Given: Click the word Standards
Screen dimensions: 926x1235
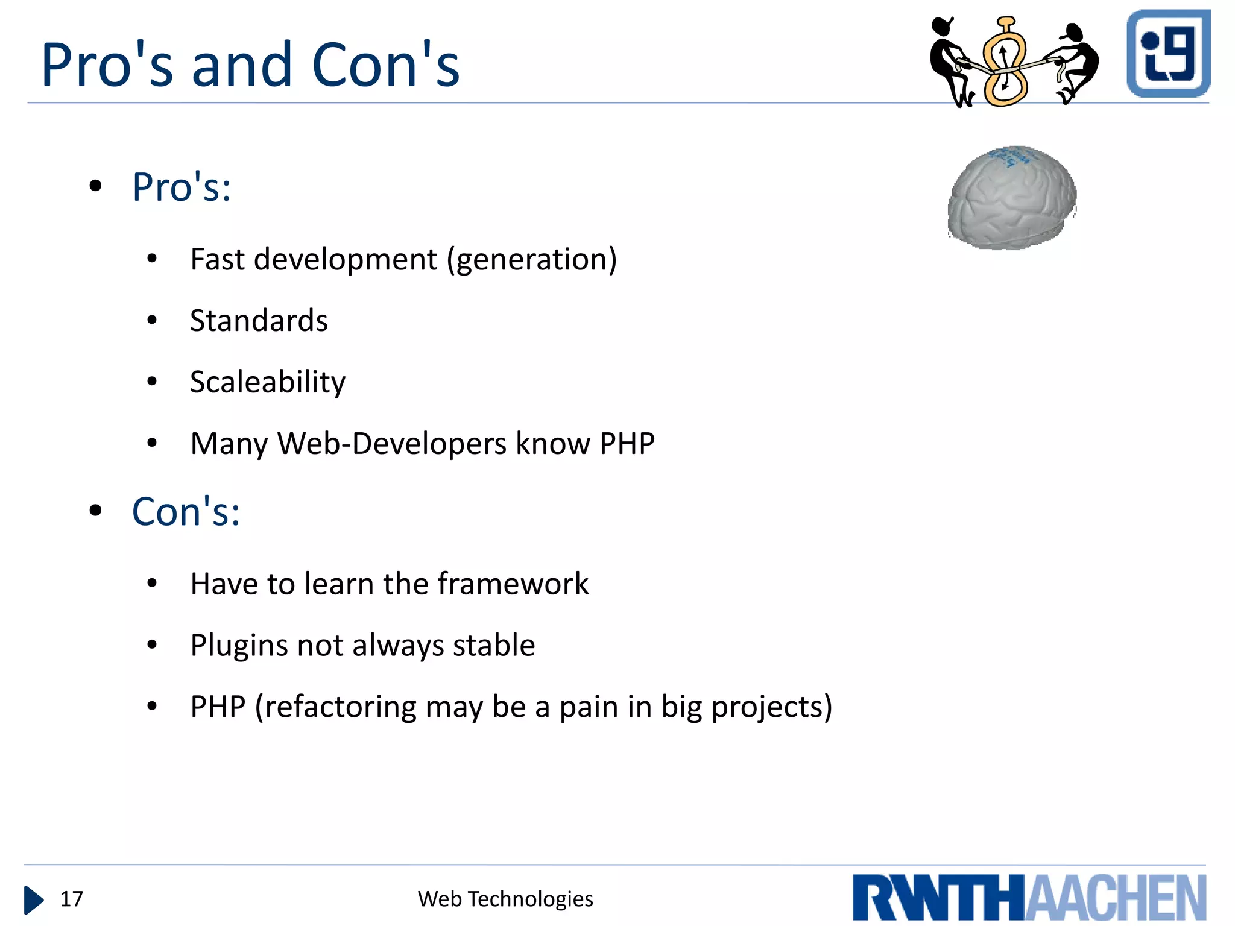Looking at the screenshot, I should point(259,320).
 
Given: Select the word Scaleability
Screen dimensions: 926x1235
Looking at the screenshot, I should point(268,382).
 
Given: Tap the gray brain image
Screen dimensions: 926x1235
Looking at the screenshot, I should point(1012,198).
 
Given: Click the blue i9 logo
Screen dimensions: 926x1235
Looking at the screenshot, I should point(1168,54).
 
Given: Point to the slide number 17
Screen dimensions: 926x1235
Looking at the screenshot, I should point(71,899).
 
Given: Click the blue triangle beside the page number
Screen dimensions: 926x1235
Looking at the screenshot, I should point(33,900).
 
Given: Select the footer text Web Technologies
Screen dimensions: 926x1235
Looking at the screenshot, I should point(505,899).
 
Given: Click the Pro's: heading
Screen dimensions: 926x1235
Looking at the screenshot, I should point(182,187).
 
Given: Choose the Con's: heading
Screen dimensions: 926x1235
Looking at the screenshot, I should point(186,512).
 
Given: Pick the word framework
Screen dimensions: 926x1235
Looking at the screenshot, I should point(513,584).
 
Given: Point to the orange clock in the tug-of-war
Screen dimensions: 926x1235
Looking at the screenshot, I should point(1005,63).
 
